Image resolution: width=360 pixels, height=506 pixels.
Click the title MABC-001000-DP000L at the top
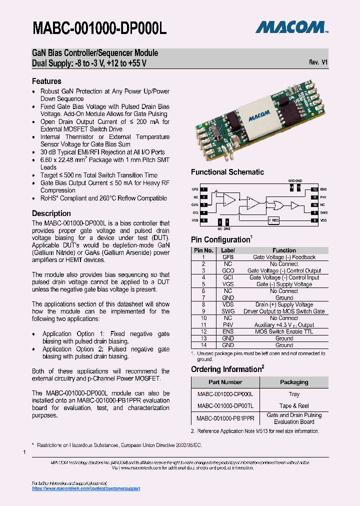(99, 28)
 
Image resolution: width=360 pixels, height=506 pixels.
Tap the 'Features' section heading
(46, 81)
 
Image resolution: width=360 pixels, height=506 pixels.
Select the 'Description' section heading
(51, 213)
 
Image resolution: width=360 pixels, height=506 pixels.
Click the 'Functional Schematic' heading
(227, 172)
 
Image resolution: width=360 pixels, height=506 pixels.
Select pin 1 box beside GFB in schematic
(204, 189)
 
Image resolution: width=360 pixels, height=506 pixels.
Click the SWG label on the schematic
(323, 212)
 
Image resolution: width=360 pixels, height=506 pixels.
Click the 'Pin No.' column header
(203, 250)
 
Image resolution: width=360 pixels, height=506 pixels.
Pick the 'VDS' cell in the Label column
(228, 304)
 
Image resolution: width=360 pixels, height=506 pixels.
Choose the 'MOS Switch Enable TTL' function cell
(284, 331)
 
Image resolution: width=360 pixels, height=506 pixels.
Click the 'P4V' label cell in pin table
(228, 324)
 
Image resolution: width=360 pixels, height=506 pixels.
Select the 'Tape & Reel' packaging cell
(294, 405)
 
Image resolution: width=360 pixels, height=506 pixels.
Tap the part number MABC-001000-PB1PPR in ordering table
(225, 418)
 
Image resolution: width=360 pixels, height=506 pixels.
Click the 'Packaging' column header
(294, 382)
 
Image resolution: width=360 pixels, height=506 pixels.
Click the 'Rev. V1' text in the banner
(318, 62)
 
